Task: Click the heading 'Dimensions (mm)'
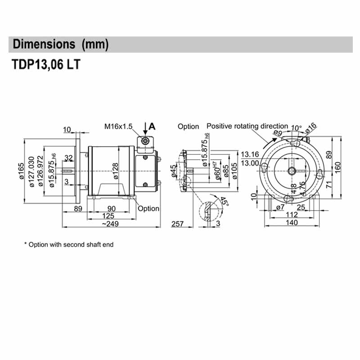pyautogui.click(x=61, y=45)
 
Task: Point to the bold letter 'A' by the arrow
pyautogui.click(x=152, y=126)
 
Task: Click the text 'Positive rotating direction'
pyautogui.click(x=247, y=126)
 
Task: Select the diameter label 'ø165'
pyautogui.click(x=21, y=173)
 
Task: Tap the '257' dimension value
pyautogui.click(x=179, y=224)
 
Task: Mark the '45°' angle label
pyautogui.click(x=222, y=201)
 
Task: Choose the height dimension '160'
pyautogui.click(x=338, y=166)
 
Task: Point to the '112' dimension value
pyautogui.click(x=292, y=215)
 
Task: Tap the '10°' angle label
pyautogui.click(x=297, y=128)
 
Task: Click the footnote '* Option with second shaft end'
pyautogui.click(x=69, y=245)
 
